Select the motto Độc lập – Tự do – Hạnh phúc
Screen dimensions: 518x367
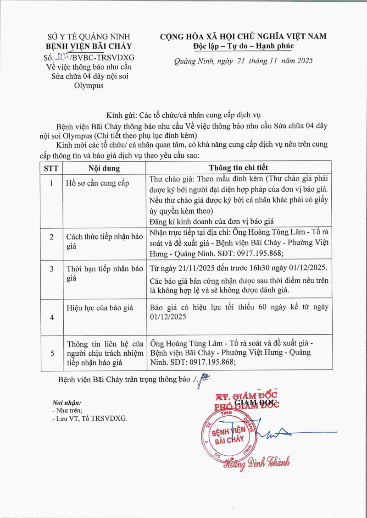[243, 46]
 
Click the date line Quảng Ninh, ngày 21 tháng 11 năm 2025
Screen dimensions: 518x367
[243, 61]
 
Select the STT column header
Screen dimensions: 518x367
[51, 168]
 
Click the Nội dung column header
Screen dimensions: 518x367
[104, 168]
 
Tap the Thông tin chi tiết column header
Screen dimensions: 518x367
[239, 168]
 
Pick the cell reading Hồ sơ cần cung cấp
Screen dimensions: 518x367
[97, 183]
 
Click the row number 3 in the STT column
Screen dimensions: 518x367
[51, 269]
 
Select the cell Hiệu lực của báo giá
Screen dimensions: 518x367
[100, 308]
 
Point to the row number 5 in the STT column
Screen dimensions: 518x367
[51, 353]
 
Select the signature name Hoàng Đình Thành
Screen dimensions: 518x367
[257, 463]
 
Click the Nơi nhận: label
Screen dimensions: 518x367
[67, 402]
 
